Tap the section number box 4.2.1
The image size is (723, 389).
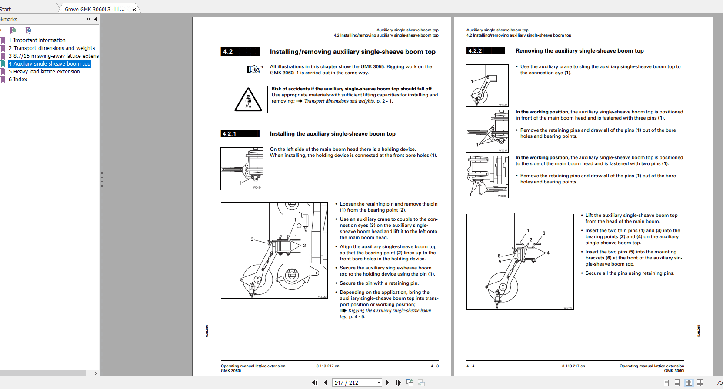240,134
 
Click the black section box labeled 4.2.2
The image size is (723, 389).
485,51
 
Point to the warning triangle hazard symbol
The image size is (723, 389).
248,100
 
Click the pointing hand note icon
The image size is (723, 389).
255,69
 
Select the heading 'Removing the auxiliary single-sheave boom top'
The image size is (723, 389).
580,51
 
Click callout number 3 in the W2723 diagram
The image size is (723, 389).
252,239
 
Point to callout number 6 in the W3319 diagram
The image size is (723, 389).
499,256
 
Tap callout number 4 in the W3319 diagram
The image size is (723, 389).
548,253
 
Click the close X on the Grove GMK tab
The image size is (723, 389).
134,10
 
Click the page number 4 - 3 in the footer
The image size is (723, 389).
434,366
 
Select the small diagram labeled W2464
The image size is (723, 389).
242,169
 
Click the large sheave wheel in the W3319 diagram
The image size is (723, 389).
503,287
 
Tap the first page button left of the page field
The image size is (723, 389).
315,383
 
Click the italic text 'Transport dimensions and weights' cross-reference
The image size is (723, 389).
339,101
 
